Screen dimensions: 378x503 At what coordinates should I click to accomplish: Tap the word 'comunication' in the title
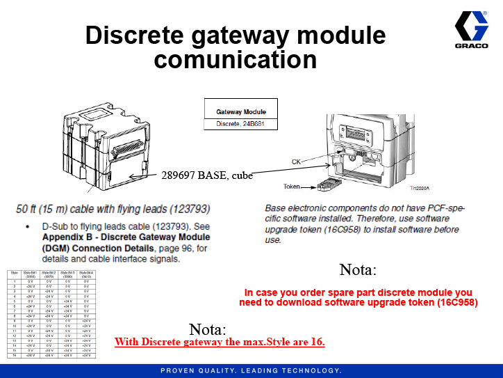click(236, 59)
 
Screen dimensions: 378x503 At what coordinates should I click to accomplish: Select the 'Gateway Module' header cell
click(241, 111)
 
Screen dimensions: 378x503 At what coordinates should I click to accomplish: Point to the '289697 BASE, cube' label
click(206, 175)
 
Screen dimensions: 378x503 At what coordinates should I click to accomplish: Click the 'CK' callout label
click(296, 162)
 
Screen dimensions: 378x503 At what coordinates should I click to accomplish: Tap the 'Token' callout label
click(292, 187)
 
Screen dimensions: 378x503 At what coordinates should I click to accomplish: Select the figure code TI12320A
click(420, 188)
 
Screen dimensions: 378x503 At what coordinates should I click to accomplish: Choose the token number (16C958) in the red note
click(454, 302)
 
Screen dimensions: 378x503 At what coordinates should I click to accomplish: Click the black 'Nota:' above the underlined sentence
click(207, 329)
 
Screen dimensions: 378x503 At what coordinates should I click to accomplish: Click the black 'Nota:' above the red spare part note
click(358, 269)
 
